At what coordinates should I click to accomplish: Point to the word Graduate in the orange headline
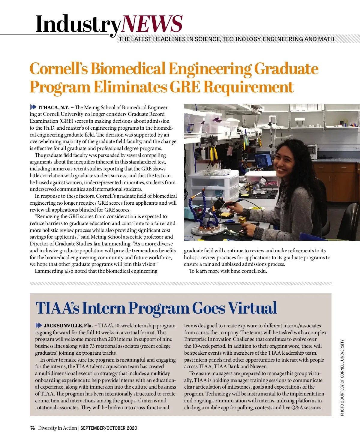click(x=286, y=69)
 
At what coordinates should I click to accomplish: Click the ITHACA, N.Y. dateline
click(x=54, y=107)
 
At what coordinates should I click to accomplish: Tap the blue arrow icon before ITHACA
click(x=33, y=107)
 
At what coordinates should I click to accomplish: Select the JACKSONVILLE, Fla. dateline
click(x=68, y=326)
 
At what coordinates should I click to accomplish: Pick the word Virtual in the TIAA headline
click(x=252, y=308)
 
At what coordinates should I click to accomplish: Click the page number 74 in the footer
click(x=32, y=428)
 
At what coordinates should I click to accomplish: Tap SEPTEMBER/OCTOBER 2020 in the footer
click(x=109, y=428)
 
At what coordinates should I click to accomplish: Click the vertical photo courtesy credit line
click(x=342, y=377)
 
